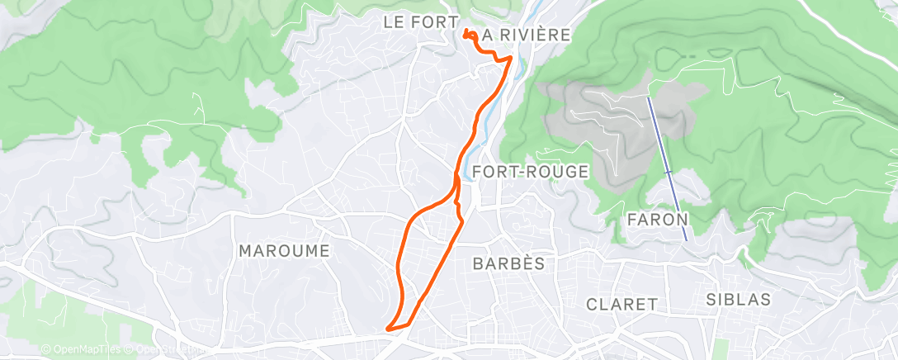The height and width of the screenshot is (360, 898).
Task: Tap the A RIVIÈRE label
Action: click(526, 35)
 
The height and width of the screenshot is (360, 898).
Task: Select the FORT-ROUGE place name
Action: click(532, 172)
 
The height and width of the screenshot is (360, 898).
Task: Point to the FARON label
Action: click(658, 220)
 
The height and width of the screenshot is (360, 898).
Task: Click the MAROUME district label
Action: click(284, 251)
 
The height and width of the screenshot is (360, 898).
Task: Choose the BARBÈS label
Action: click(508, 263)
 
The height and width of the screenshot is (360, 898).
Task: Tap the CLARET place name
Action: click(621, 305)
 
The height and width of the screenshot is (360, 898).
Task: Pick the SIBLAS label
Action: click(739, 298)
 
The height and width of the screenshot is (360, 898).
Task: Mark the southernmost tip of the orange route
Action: click(388, 332)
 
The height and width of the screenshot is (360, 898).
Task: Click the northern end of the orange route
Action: click(466, 32)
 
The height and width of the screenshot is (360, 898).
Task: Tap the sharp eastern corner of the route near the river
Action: click(511, 58)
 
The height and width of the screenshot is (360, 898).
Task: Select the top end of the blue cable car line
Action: click(649, 98)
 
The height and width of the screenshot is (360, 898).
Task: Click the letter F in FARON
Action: click(633, 220)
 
